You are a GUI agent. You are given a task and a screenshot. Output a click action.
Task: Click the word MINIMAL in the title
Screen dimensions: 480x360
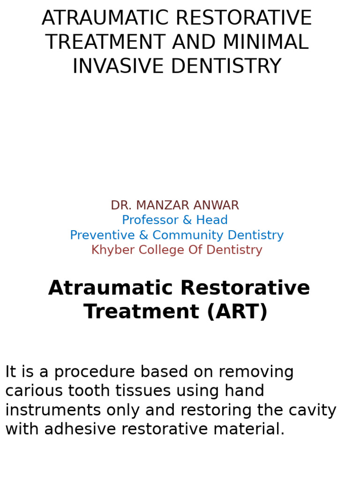click(x=265, y=42)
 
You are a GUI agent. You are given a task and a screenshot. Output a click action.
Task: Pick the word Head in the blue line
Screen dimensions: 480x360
click(x=213, y=220)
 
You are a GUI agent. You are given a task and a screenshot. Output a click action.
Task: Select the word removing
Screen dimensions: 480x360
click(x=256, y=372)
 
